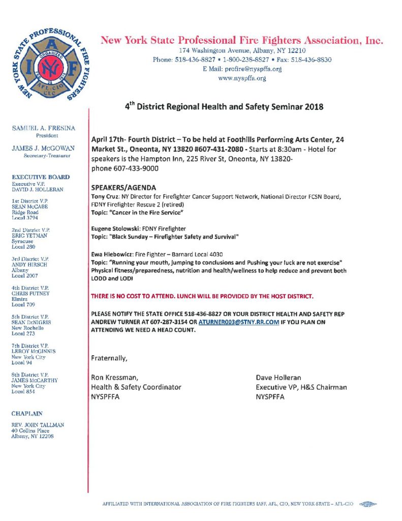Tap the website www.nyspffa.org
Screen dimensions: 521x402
pos(242,78)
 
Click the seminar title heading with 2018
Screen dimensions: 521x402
pos(224,107)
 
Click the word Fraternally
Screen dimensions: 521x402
pos(109,358)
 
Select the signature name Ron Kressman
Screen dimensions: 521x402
pos(114,378)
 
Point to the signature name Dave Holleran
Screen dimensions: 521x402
pos(279,378)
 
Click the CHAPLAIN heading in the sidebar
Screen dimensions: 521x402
pos(27,414)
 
